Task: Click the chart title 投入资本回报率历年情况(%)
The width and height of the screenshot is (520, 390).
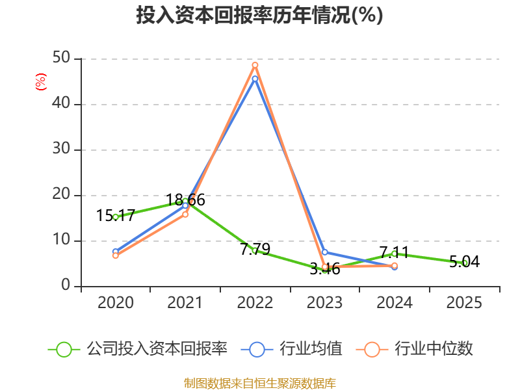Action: pos(259,15)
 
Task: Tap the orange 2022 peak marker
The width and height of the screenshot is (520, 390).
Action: pos(255,65)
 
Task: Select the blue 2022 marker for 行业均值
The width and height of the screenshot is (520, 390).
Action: pos(255,79)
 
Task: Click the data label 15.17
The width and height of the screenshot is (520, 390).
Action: pos(116,216)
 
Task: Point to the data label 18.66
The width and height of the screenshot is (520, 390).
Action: pos(185,200)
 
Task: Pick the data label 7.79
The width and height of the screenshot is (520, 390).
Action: pos(255,250)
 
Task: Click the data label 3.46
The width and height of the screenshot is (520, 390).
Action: pos(325,268)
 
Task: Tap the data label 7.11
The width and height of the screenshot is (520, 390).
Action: pos(395,252)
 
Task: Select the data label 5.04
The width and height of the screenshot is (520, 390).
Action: pos(464,262)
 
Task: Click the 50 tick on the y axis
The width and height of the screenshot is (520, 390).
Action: pos(61,58)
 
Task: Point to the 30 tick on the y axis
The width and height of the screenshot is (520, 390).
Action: pos(61,149)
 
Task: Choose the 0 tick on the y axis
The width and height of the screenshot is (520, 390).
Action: pos(66,285)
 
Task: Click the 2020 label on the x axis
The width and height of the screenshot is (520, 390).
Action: pos(116,302)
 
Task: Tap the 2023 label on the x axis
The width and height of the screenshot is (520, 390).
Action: pos(324,302)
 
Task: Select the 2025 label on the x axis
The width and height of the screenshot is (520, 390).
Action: pos(464,302)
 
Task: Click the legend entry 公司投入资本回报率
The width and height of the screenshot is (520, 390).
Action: pos(138,349)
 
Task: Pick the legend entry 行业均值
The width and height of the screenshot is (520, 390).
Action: pos(291,349)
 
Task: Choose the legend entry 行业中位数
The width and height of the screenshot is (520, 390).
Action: pos(415,349)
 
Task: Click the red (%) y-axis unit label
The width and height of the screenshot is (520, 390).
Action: pos(41,82)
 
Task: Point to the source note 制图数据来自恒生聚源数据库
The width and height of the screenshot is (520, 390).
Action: pos(260,383)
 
